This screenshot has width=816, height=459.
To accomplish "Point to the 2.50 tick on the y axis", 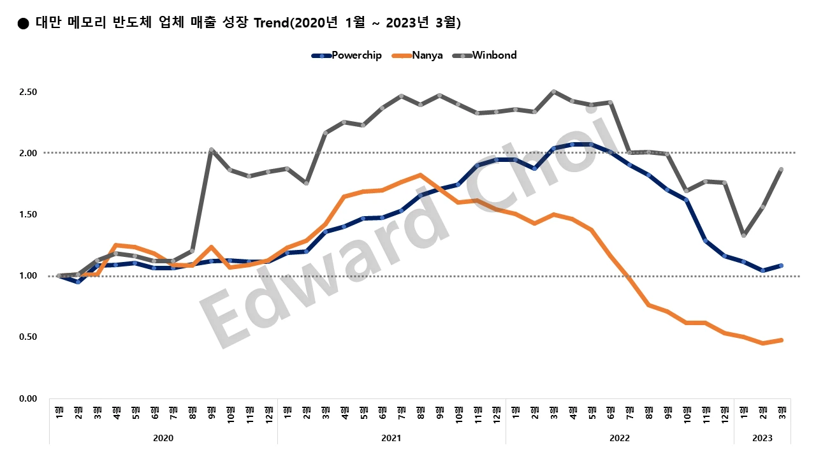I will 29,92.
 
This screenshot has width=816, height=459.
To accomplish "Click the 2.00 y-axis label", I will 29,153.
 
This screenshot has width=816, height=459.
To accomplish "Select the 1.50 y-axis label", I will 29,214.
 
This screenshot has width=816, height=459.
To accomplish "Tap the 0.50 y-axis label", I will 29,337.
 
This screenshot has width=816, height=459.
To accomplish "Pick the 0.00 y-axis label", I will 29,398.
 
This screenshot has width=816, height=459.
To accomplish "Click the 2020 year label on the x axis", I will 163,438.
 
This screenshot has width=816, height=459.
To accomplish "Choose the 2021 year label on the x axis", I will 391,438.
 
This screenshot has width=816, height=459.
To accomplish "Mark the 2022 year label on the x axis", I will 620,438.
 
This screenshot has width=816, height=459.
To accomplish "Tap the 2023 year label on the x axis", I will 762,438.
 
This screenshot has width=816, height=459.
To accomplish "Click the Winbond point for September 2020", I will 211,150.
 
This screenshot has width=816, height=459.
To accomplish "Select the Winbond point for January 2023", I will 744,235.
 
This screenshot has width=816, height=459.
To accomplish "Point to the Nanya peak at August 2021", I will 420,175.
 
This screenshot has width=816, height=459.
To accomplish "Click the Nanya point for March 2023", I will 782,340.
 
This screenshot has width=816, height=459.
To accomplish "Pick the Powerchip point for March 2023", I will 782,266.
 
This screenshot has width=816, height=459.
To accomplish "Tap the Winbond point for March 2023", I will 782,170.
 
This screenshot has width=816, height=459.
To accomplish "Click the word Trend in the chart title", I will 270,24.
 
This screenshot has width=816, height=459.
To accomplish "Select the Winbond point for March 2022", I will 553,92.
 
